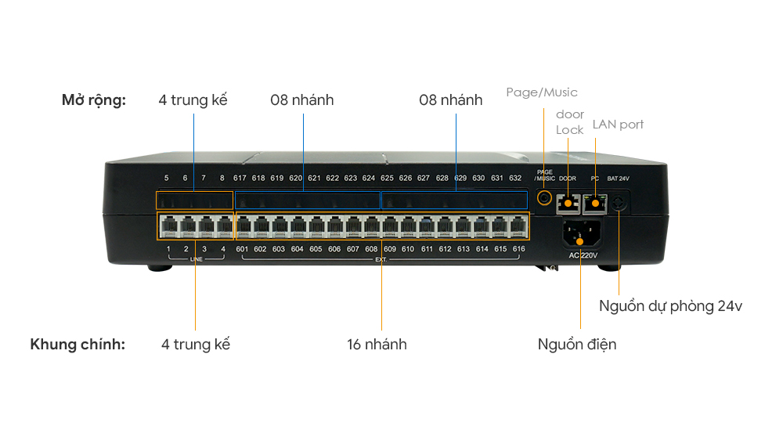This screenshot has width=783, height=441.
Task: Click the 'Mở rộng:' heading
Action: (94, 100)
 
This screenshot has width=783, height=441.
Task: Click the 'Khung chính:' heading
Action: (78, 345)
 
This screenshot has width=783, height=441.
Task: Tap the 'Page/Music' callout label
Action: (542, 92)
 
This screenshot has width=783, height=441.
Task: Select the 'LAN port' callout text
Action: (618, 125)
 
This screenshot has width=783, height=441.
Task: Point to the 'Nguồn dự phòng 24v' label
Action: (670, 306)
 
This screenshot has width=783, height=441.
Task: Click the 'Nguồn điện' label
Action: (577, 345)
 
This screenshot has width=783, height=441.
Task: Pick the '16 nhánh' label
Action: (377, 345)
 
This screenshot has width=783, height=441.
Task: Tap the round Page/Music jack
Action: (543, 197)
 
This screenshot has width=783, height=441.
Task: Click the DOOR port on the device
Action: (567, 204)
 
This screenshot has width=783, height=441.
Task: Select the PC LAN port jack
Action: (596, 204)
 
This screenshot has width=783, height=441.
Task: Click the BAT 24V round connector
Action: (619, 204)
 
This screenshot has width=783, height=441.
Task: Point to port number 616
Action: (518, 249)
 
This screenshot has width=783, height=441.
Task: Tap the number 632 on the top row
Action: (515, 179)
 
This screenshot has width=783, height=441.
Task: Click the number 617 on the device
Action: (240, 179)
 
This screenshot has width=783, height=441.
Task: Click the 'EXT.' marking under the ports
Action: (381, 258)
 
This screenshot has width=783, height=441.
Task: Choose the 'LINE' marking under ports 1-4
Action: (196, 258)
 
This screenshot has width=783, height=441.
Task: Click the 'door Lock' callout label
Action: (570, 122)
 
